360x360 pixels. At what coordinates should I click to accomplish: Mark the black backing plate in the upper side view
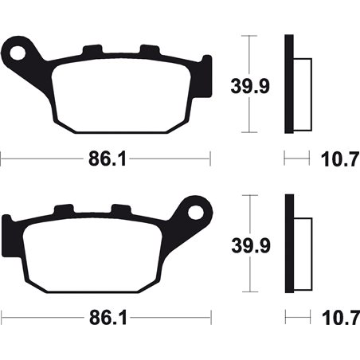[289, 84]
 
